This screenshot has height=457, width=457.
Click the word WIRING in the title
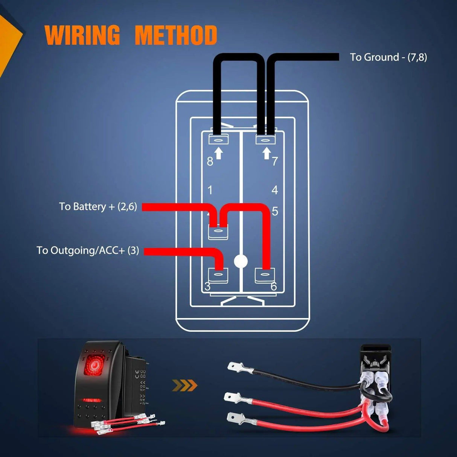coord(82,35)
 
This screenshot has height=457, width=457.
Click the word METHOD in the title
coord(176,35)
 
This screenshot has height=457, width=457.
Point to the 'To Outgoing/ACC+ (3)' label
coord(88,250)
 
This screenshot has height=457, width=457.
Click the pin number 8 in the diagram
coord(210,161)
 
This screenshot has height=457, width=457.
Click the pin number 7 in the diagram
coord(275,161)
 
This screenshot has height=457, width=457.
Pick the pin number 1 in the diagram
coord(210,190)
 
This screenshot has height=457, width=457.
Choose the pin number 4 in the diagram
coord(275,190)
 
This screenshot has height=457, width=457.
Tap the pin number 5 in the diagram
coord(275,212)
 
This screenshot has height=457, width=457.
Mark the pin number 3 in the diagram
coord(207,287)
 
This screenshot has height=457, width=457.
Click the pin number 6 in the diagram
coord(274,287)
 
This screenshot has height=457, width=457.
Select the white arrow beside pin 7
coord(267,153)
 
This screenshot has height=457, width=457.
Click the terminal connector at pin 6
coord(265,276)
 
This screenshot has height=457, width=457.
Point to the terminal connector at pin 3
coord(218,276)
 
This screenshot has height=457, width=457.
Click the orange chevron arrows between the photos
coord(184,385)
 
